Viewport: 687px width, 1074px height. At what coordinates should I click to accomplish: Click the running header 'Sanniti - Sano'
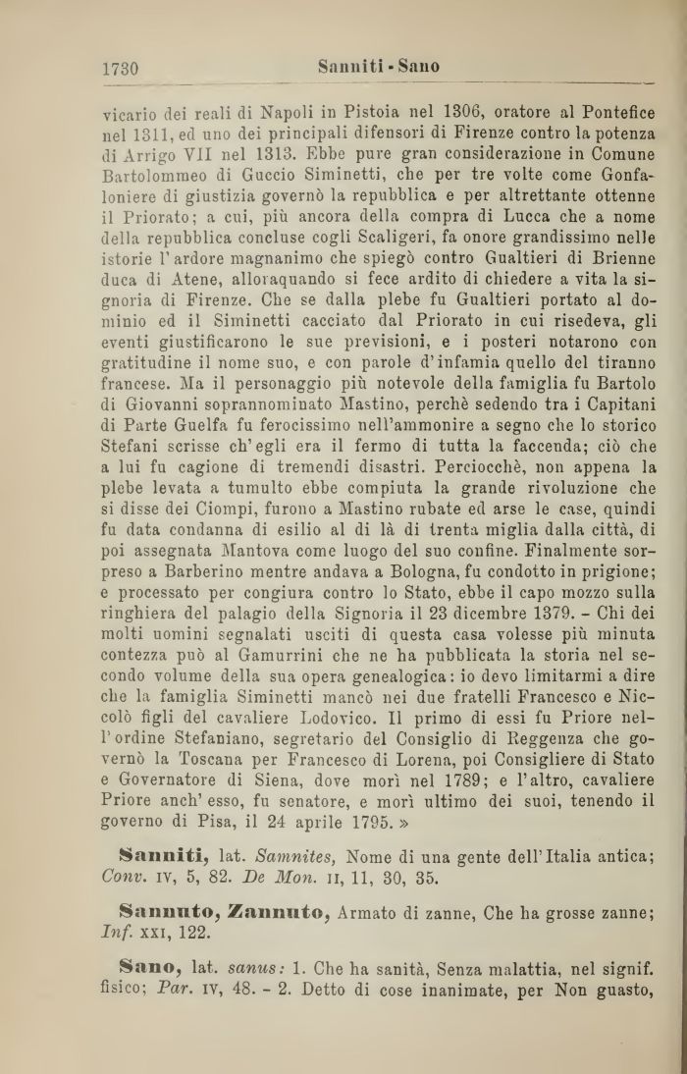pos(379,67)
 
